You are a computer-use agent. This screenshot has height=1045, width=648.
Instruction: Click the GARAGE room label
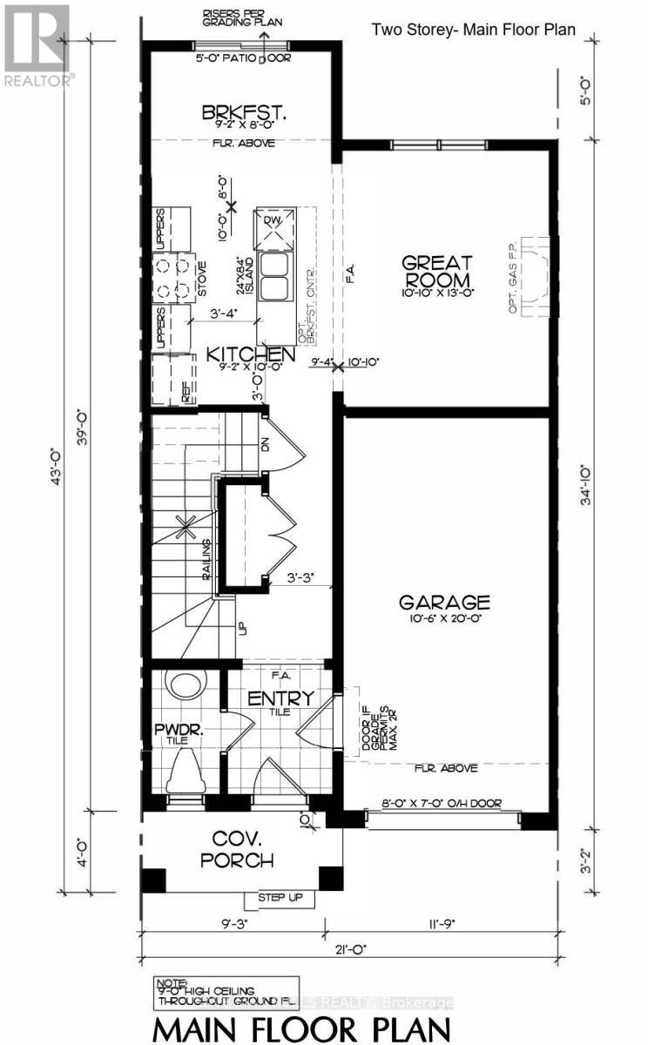(444, 603)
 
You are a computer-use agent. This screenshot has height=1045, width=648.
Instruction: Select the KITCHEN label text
(249, 354)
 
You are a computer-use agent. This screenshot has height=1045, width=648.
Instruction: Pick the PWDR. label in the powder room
(179, 729)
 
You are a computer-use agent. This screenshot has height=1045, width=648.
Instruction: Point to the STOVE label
(200, 279)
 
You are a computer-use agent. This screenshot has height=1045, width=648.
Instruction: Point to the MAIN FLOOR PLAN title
(303, 1022)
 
